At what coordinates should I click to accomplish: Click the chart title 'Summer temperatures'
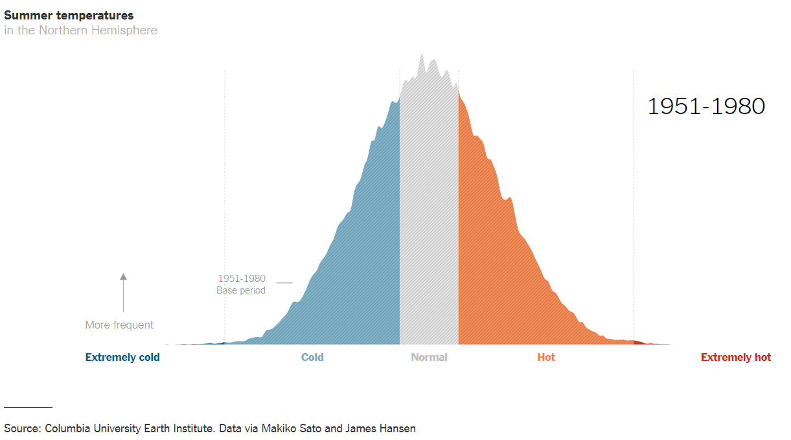click(69, 16)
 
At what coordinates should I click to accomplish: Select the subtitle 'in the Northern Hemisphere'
click(80, 30)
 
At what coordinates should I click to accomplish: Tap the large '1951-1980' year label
click(706, 106)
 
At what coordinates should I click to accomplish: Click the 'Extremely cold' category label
click(122, 357)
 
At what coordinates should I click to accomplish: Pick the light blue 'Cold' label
click(312, 357)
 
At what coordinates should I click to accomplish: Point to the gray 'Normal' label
click(429, 357)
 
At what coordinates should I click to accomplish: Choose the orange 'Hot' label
click(546, 357)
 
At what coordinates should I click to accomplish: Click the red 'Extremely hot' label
click(736, 357)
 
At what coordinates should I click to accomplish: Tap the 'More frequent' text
click(119, 325)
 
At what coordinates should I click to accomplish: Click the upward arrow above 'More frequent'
click(123, 293)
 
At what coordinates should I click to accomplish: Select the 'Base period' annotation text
click(241, 290)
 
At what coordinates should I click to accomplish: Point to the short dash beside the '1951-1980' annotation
click(284, 283)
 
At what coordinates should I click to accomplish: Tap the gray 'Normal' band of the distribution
click(429, 212)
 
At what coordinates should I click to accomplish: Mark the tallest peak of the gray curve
click(422, 54)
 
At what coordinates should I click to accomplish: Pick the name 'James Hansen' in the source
click(380, 429)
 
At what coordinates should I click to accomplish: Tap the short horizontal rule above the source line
click(29, 407)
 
